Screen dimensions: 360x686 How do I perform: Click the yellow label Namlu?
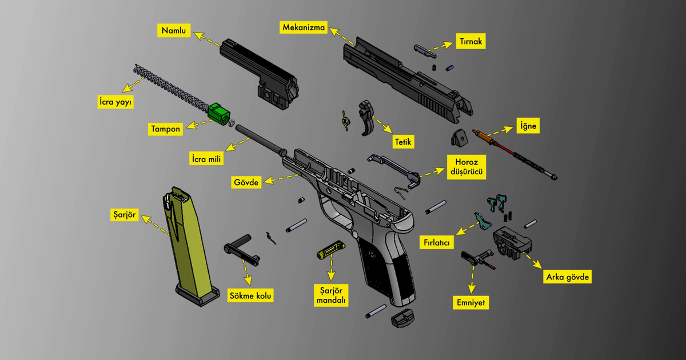174,30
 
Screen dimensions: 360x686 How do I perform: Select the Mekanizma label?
303,27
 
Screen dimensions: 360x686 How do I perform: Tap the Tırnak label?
471,42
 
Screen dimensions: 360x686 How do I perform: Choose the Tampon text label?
166,129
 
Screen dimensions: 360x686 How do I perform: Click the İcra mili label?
206,158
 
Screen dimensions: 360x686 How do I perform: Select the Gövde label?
246,183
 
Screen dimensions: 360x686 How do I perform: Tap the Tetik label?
404,141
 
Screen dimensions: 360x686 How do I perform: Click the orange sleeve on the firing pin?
485,137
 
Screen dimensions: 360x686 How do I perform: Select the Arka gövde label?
567,277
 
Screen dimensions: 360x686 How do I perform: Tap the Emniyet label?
472,302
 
